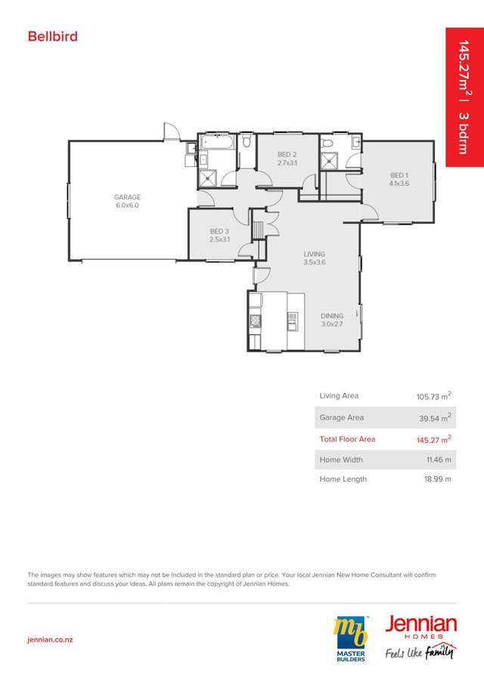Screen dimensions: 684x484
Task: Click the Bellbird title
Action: tap(53, 36)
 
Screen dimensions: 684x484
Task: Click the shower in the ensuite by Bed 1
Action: tap(330, 160)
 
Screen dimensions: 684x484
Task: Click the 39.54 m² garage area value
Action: tap(435, 417)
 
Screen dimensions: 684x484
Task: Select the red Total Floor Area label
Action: tap(347, 439)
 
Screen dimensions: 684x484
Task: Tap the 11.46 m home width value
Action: tap(438, 460)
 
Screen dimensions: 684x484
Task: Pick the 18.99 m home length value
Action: tap(438, 479)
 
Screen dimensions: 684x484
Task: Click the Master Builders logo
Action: tap(351, 639)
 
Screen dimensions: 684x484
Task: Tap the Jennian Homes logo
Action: tap(420, 635)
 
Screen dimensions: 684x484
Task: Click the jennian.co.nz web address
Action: tap(50, 639)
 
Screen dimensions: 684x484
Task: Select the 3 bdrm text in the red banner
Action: tap(464, 132)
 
